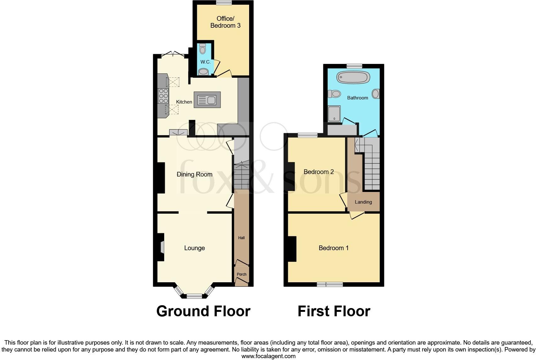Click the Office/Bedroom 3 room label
coord(225,22)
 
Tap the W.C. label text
coord(205,62)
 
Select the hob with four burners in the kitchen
coord(163,96)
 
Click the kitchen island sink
coord(207,100)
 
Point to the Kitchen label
coord(184,102)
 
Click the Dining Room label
coord(194,174)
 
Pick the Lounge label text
coord(194,248)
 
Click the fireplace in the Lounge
coord(162,247)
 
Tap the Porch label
coord(242,274)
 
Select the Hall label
coord(241,238)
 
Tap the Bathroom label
coord(357,98)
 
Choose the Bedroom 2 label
coord(318,172)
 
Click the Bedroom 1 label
coord(333,248)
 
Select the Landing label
coord(363,202)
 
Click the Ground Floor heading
coord(203,311)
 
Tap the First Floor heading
coord(334,311)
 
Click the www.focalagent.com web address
coord(268,356)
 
